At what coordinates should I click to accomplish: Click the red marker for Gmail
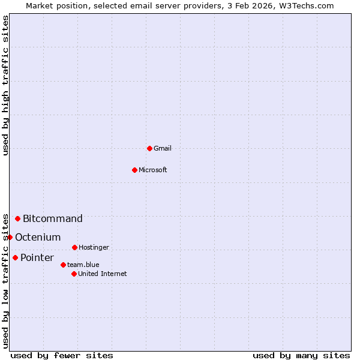(x=149, y=148)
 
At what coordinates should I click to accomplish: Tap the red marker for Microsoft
(x=134, y=170)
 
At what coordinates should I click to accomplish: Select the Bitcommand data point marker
(x=18, y=218)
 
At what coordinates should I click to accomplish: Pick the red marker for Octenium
(x=10, y=237)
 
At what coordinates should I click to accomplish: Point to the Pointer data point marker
(x=15, y=257)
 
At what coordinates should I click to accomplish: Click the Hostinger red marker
(x=74, y=247)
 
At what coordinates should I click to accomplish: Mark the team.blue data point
(x=63, y=265)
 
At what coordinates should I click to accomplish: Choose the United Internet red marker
(x=74, y=274)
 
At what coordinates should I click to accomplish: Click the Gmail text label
(x=163, y=148)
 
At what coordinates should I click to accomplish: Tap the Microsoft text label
(x=153, y=170)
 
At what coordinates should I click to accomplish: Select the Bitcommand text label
(x=53, y=218)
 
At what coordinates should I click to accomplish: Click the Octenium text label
(x=38, y=238)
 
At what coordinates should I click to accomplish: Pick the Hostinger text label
(x=94, y=247)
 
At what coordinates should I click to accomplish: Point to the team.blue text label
(x=83, y=265)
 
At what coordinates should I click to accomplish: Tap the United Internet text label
(x=102, y=274)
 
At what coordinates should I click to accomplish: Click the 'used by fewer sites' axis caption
(x=62, y=355)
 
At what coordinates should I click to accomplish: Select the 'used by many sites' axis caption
(x=301, y=355)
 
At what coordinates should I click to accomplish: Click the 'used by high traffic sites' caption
(x=6, y=85)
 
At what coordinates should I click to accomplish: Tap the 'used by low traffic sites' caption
(x=6, y=281)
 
